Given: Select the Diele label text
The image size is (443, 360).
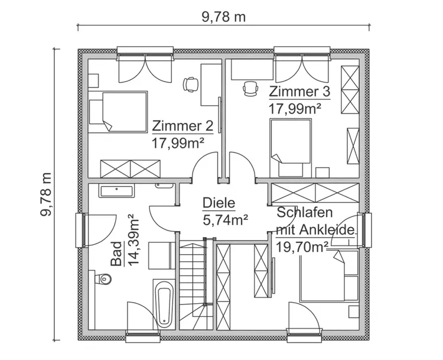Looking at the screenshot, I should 219,203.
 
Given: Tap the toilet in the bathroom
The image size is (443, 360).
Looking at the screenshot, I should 101,277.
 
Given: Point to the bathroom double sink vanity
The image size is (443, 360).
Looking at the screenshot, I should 118,191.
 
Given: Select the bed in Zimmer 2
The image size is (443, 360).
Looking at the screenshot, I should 118,112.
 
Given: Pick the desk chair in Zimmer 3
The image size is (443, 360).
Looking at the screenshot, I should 251,89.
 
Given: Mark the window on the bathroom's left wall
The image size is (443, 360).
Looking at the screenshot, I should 81,231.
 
